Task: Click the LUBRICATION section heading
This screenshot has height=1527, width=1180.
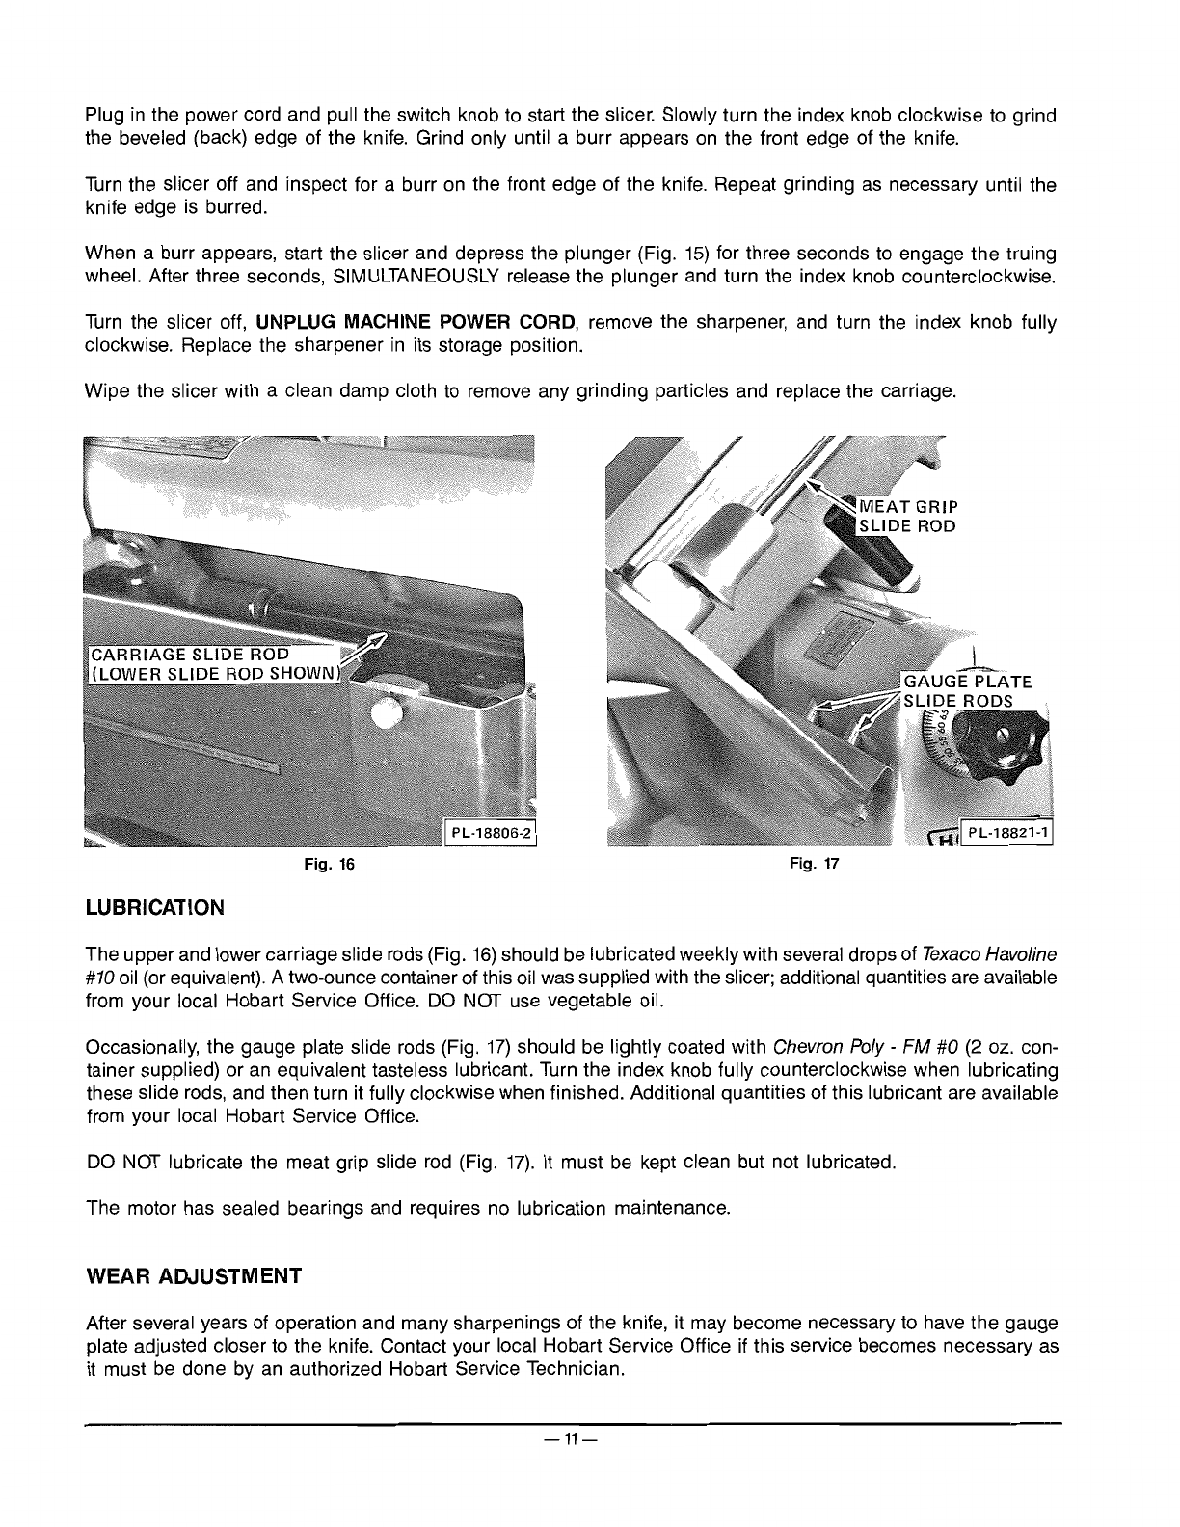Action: click(155, 908)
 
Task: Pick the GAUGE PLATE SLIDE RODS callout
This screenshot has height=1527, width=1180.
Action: click(964, 691)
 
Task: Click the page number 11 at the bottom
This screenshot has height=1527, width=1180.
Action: click(572, 1440)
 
